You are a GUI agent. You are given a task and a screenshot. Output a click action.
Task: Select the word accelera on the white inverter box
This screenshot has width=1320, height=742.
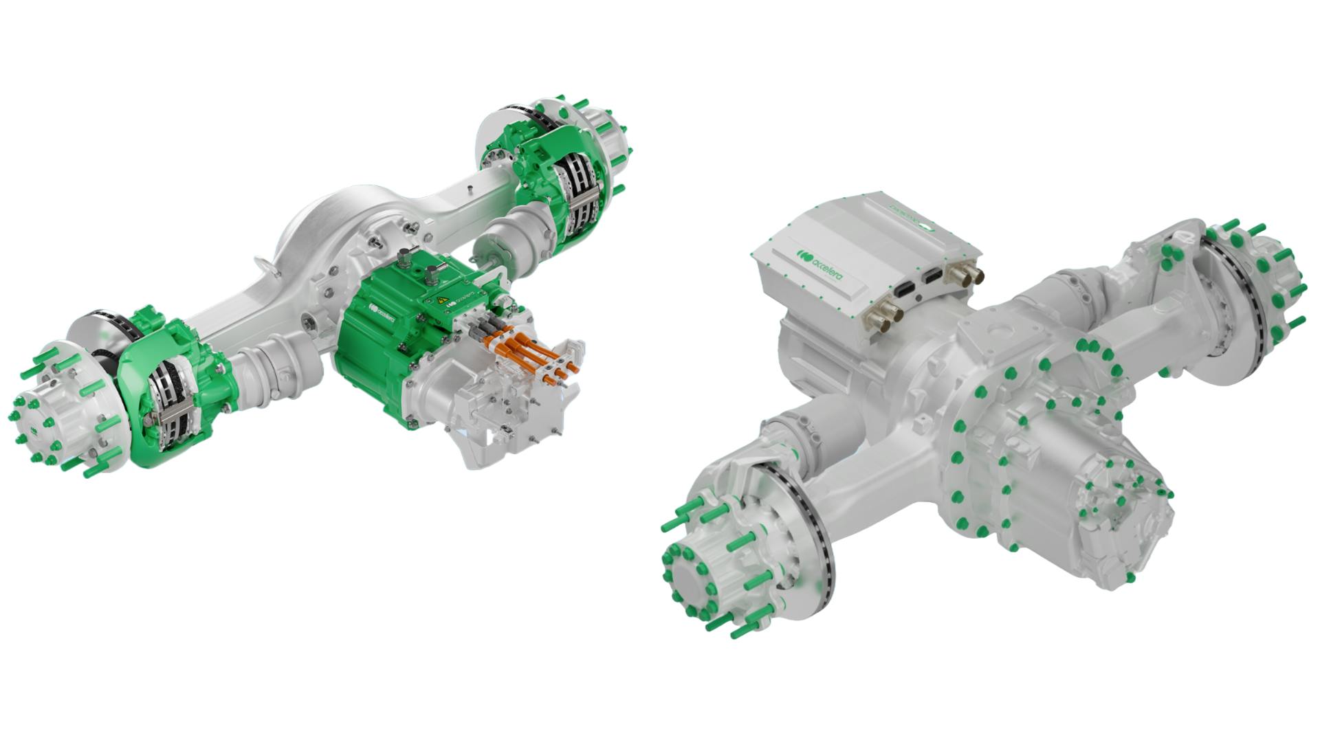point(828,268)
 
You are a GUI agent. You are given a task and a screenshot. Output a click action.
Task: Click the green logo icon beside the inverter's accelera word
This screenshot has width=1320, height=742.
point(802,256)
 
